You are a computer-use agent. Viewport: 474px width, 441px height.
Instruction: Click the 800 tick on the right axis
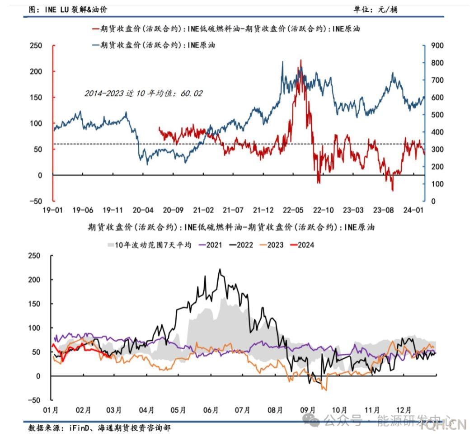click(437, 63)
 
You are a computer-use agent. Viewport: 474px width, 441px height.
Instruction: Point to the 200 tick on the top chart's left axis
click(36, 71)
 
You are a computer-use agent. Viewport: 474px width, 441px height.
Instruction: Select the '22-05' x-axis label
click(293, 210)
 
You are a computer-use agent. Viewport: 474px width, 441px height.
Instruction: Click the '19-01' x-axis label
click(52, 210)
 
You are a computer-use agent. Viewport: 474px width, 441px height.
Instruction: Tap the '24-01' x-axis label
click(413, 210)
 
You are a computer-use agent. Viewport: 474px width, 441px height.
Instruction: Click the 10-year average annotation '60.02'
click(192, 94)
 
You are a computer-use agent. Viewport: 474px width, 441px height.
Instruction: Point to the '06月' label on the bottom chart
click(211, 410)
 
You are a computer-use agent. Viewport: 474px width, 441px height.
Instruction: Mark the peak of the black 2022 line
click(220, 270)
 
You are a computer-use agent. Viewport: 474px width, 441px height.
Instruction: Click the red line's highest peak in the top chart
click(301, 60)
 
